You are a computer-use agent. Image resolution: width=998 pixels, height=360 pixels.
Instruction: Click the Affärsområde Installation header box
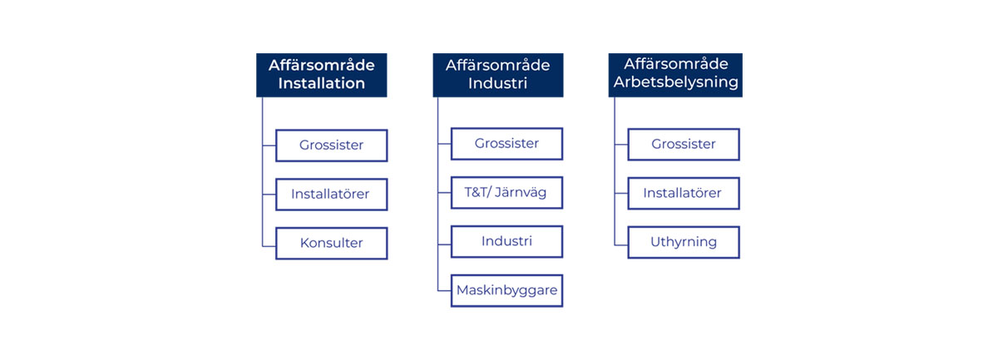322,75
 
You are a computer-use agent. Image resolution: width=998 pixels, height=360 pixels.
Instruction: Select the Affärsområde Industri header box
498,75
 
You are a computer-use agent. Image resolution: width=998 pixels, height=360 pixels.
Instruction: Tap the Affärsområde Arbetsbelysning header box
675,75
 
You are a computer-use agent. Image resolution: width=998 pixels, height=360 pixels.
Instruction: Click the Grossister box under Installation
332,145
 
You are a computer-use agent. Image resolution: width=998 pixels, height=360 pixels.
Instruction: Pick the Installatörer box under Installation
332,195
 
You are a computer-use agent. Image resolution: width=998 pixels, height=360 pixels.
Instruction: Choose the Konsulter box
332,244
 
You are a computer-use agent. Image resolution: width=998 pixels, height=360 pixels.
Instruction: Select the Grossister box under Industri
507,144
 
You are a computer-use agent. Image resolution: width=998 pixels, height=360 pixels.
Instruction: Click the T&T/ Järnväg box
507,193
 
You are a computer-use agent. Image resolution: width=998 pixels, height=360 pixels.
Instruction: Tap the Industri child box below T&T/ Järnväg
507,241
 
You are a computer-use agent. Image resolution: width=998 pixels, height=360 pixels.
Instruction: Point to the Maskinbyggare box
507,290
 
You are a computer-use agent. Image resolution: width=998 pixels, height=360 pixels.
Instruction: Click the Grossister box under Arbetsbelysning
684,145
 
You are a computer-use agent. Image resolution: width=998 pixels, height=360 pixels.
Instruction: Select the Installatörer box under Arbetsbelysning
684,194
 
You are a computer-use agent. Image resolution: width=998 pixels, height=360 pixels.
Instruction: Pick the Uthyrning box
684,243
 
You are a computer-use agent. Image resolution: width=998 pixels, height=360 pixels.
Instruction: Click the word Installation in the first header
322,83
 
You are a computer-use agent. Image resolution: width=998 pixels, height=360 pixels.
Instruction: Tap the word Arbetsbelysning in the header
676,82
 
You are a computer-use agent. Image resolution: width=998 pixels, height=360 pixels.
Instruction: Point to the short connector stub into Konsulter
269,246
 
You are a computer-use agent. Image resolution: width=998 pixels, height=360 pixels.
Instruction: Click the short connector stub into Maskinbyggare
444,290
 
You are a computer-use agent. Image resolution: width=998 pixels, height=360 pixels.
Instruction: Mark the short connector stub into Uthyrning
621,245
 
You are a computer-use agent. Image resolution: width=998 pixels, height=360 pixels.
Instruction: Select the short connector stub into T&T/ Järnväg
444,193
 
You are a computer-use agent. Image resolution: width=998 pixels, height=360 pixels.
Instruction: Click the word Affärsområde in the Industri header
498,65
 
